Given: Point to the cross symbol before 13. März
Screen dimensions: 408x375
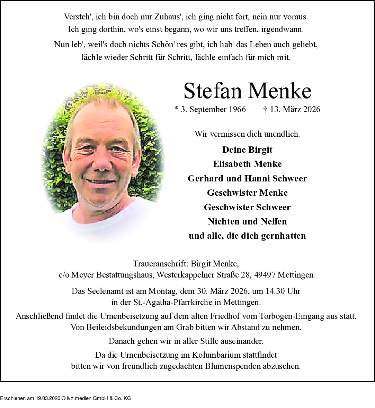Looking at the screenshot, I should [265, 110].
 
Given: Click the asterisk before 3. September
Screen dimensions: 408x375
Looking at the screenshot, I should [176, 109].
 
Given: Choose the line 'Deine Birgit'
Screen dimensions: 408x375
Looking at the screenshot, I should [247, 150].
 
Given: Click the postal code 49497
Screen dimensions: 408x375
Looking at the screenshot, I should [265, 275].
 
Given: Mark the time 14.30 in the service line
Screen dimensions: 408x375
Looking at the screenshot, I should [275, 291].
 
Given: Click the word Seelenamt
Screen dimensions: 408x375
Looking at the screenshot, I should [105, 291].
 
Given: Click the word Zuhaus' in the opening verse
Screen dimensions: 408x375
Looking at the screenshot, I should [169, 17].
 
